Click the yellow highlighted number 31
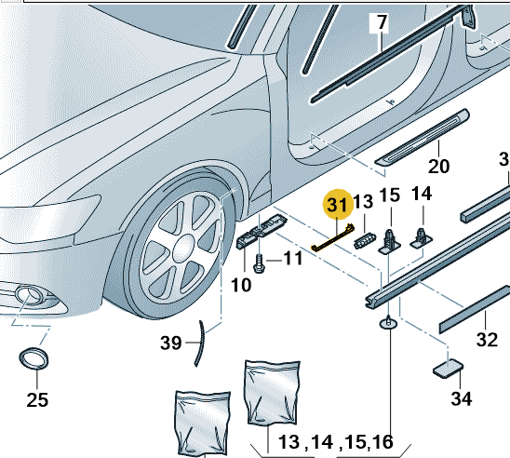tap(337, 204)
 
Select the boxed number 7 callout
tap(380, 23)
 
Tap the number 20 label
tap(438, 167)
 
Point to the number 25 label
tap(37, 399)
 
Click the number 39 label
tap(170, 343)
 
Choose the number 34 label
tap(462, 398)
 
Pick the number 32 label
tap(487, 339)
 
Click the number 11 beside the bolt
tap(293, 259)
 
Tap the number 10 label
tap(241, 285)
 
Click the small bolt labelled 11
tap(259, 263)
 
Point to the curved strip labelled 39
tap(200, 343)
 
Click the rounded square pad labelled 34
tap(449, 369)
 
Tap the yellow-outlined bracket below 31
tap(332, 238)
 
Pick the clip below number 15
tap(390, 242)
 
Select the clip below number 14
tap(422, 237)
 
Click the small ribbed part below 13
tap(364, 241)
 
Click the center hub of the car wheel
tap(183, 249)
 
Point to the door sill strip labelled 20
tap(423, 138)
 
